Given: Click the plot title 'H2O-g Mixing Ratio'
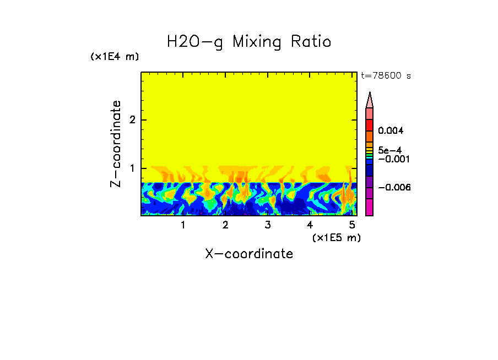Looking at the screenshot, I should click(249, 42).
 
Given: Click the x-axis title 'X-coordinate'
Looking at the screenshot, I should click(249, 254).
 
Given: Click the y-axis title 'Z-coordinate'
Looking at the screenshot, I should click(116, 143).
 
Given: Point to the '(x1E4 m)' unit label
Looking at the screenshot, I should click(115, 57).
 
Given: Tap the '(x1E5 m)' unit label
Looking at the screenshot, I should click(336, 237).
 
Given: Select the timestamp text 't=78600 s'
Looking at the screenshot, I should click(386, 76).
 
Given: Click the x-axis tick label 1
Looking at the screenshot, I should click(183, 225).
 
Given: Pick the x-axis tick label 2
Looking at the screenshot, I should click(225, 225).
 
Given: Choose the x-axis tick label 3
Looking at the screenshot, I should click(268, 225).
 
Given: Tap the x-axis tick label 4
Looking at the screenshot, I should click(310, 225).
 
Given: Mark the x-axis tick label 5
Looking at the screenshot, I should click(352, 225).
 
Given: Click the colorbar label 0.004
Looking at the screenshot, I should click(391, 131).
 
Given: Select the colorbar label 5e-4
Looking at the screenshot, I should click(389, 150).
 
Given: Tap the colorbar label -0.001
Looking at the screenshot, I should click(392, 159).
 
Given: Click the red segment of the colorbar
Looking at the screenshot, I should click(370, 124).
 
